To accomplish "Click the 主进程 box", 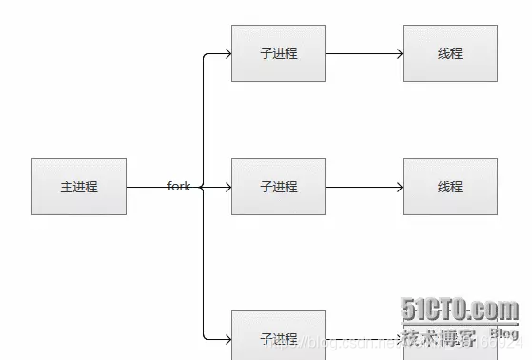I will coord(79,187).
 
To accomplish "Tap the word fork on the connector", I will coord(179,187).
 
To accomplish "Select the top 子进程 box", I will coord(279,53).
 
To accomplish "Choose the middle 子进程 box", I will coord(279,187).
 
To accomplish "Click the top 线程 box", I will coord(450,53).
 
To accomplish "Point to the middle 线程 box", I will coord(450,187).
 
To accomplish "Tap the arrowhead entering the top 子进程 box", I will coord(227,53).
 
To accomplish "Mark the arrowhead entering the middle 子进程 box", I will coord(227,187).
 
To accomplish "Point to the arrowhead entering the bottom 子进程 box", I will coord(227,339).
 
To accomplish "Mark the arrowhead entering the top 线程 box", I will coord(399,53).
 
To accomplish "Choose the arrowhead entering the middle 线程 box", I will coord(399,187).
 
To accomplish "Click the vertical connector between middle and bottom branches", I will coord(204,262).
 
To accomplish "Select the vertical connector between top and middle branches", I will coord(204,119).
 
